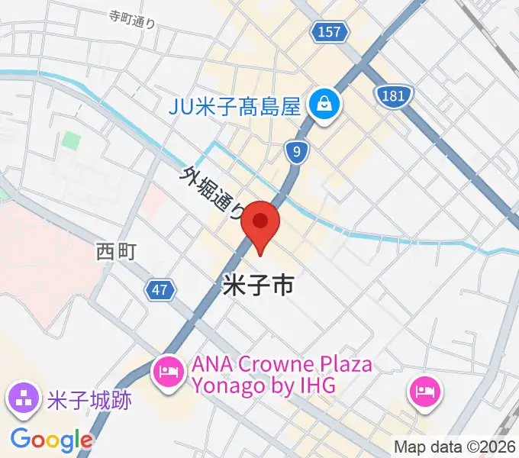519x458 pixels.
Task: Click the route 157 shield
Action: pyautogui.click(x=330, y=31)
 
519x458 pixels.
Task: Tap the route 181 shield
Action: pyautogui.click(x=394, y=95)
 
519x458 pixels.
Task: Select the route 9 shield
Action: pyautogui.click(x=295, y=152)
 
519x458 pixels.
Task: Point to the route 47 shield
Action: pyautogui.click(x=160, y=289)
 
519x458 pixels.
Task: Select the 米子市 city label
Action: pyautogui.click(x=258, y=286)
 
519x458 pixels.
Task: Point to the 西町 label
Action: pyautogui.click(x=115, y=251)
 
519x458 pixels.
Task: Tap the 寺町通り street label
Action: pyautogui.click(x=132, y=20)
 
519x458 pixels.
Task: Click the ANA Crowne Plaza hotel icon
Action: pyautogui.click(x=167, y=373)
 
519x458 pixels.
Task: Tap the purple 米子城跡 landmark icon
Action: pyautogui.click(x=22, y=398)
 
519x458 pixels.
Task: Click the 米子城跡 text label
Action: pyautogui.click(x=89, y=399)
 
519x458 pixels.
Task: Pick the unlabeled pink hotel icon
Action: pyautogui.click(x=424, y=392)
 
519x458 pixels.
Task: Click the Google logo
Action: pyautogui.click(x=51, y=440)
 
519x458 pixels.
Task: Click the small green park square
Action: pyautogui.click(x=71, y=141)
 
